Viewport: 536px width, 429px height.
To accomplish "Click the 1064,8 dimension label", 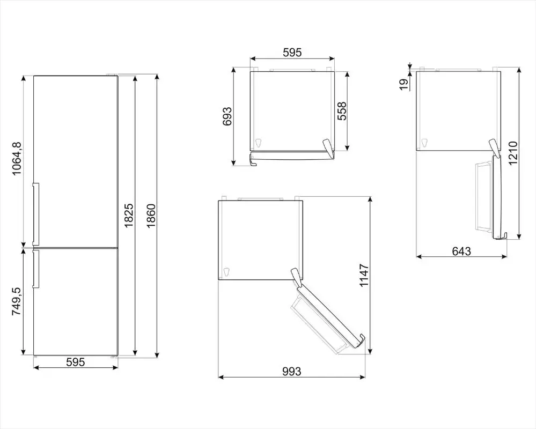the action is [x=17, y=158].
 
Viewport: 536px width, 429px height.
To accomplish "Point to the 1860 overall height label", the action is [x=151, y=216].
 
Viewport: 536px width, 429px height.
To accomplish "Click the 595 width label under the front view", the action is [x=75, y=362].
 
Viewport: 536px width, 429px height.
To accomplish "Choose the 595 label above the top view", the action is [x=292, y=52].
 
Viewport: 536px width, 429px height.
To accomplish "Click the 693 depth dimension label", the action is [x=227, y=116].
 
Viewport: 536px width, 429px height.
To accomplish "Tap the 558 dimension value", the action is [x=342, y=111].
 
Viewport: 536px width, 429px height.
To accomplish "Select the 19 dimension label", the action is [x=405, y=84].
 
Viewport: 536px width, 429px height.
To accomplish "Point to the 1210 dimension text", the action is [x=513, y=153].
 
